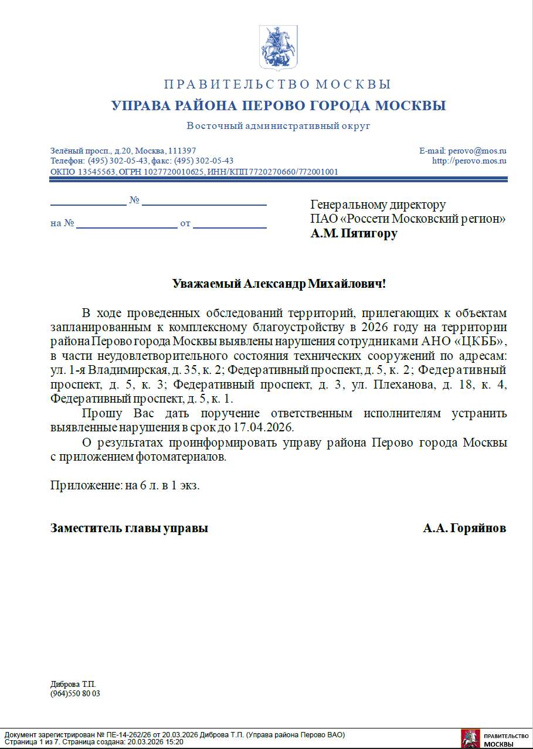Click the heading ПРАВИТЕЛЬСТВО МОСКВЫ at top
click(277, 84)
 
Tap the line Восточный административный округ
click(279, 126)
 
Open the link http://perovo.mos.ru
click(469, 161)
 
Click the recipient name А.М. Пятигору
click(354, 233)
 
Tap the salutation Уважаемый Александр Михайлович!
click(279, 284)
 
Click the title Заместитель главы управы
click(130, 528)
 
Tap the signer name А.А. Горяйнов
click(464, 528)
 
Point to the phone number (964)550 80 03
click(75, 693)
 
